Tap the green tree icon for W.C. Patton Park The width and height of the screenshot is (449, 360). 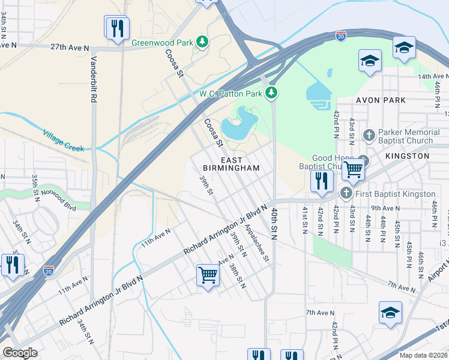(273, 93)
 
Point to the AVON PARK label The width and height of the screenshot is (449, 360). (381, 100)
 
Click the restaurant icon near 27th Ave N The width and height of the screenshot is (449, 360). (117, 28)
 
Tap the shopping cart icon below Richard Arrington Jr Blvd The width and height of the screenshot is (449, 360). (208, 275)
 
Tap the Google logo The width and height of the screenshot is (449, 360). (20, 353)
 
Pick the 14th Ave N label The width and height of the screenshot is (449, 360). (433, 77)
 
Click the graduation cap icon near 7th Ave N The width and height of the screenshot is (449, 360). (390, 312)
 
